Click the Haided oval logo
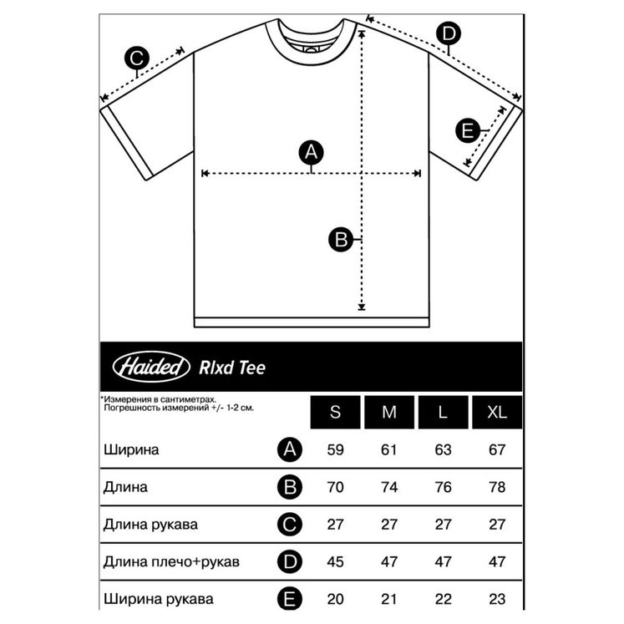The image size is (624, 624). [151, 367]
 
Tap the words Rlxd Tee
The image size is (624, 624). [232, 368]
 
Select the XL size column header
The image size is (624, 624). [497, 413]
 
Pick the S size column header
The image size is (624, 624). [335, 413]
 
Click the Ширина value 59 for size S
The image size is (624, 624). [335, 449]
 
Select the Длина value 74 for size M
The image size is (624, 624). [388, 487]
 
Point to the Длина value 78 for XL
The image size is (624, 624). [497, 487]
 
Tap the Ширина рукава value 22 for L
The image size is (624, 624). [443, 599]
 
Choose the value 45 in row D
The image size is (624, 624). [335, 561]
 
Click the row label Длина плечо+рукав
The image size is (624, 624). [171, 561]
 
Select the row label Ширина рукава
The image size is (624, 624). [159, 599]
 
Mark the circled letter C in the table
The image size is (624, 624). [290, 525]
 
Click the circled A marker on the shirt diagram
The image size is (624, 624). [312, 152]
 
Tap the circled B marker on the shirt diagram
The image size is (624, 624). [341, 240]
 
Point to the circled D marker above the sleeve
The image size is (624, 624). [449, 33]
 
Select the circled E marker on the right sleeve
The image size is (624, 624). [467, 130]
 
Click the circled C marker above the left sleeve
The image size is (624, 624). [136, 58]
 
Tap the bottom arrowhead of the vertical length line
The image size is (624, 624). [362, 307]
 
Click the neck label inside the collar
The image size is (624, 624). [311, 48]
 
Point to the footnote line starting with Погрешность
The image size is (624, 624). [179, 408]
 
